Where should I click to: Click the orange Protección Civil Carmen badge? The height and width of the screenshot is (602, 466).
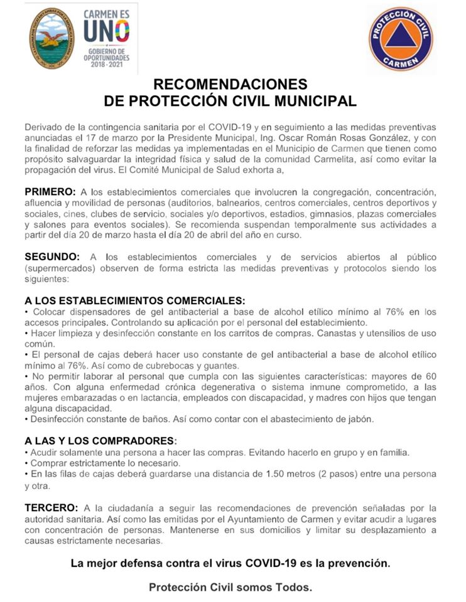tap(400, 39)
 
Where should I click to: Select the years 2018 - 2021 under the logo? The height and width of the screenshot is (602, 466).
tap(106, 65)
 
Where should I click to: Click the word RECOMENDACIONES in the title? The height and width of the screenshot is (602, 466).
tap(231, 84)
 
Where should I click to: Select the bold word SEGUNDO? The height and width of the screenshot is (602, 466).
tap(52, 256)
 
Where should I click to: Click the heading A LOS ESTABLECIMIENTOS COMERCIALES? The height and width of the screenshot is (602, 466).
tap(134, 301)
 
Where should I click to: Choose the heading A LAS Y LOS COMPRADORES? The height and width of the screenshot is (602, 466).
tap(100, 440)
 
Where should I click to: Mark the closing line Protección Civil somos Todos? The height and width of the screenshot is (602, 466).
tap(230, 588)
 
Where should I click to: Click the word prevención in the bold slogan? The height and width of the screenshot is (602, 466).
tap(362, 563)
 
